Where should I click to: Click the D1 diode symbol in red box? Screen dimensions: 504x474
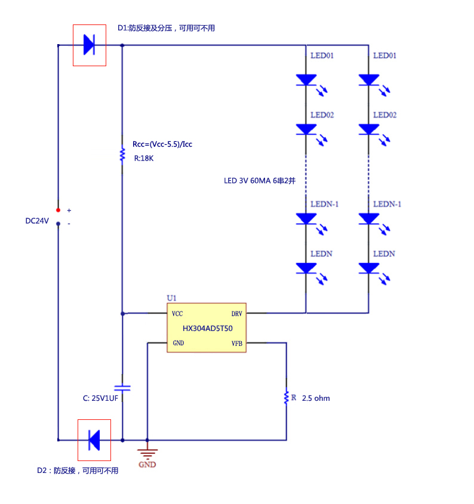(x=90, y=45)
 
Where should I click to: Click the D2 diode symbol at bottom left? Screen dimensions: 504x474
(x=94, y=440)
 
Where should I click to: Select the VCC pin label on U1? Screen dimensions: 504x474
(x=177, y=314)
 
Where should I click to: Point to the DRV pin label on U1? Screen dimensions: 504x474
(x=236, y=314)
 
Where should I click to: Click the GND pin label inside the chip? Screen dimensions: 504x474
(x=178, y=343)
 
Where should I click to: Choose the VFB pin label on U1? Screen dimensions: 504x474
(x=236, y=343)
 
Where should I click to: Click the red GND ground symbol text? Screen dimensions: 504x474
(x=147, y=465)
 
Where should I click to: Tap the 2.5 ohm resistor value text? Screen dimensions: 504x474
(x=316, y=398)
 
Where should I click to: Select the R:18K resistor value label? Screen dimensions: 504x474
(x=143, y=159)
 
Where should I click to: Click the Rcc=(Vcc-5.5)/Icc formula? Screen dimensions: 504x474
(x=162, y=144)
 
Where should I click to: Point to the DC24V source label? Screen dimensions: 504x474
(x=37, y=221)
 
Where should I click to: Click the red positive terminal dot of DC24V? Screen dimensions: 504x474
(x=58, y=210)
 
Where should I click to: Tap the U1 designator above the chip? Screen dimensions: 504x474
(x=171, y=298)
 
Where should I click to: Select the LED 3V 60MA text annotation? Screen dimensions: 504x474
(x=260, y=181)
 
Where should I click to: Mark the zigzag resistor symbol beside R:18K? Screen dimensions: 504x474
(x=122, y=154)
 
